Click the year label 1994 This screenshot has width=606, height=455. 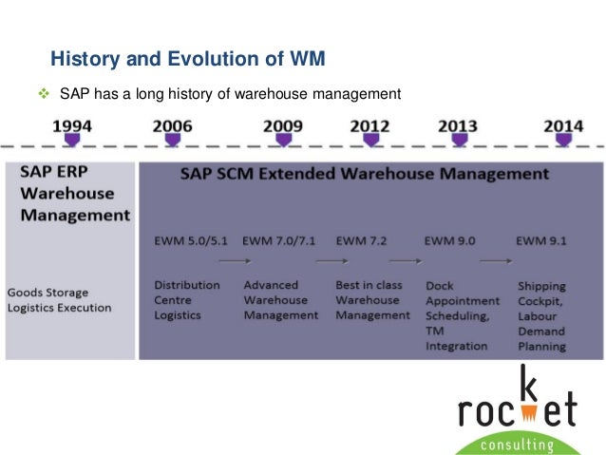point(72,124)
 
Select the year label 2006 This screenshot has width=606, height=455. point(171,124)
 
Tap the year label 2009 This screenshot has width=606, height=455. point(283,124)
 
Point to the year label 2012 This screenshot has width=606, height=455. point(369,124)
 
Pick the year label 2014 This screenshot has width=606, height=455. point(563,124)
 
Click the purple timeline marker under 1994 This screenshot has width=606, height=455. point(72,141)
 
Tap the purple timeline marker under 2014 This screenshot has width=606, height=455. point(563,141)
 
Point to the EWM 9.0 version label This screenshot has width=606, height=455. point(451,239)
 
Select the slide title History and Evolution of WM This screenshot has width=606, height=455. point(187,60)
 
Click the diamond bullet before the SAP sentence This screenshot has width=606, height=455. point(41,94)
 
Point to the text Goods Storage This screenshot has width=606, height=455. point(47,292)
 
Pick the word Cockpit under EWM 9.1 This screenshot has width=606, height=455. point(542,300)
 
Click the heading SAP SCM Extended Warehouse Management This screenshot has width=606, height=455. point(364,175)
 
